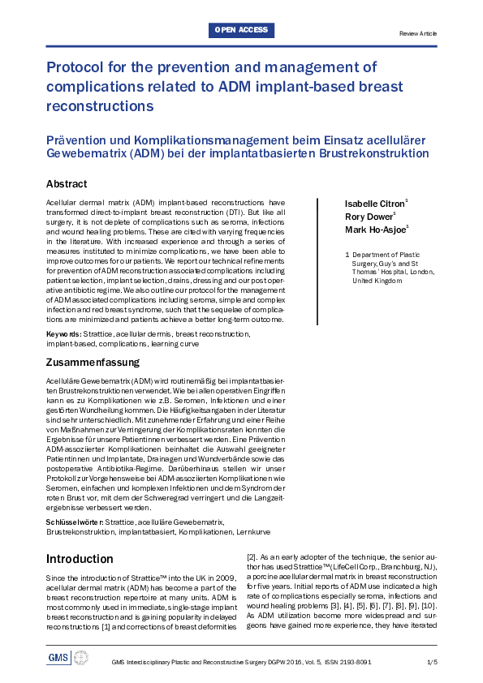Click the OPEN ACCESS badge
pos(241,31)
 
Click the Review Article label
pos(418,33)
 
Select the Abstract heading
pos(67,184)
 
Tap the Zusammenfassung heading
pos(93,362)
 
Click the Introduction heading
pos(80,559)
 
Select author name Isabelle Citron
pos(374,202)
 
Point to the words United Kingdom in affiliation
pos(377,281)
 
